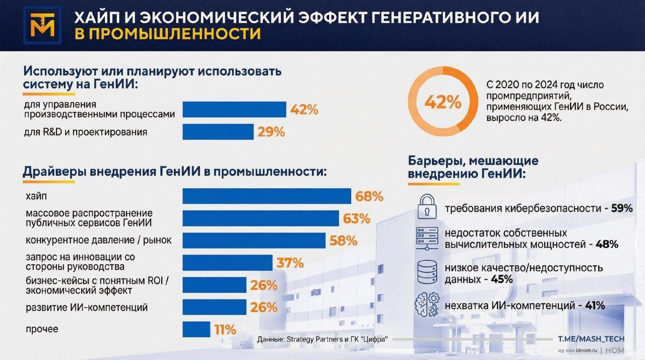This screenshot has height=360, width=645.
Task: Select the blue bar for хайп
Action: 267,197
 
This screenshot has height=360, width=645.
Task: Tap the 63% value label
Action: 357,218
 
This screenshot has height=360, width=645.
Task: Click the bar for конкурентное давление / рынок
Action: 253,241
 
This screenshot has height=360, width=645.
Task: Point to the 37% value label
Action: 290,263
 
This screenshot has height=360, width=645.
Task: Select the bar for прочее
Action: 196,330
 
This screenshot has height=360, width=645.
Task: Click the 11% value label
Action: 225,330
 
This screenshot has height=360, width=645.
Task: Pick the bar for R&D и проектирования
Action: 218,132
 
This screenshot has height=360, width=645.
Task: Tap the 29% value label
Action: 271,132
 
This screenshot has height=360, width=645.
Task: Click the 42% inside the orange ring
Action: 443,102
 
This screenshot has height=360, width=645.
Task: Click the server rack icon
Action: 426,238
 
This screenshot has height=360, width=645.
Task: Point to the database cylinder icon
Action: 426,272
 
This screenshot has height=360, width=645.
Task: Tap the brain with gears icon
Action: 426,305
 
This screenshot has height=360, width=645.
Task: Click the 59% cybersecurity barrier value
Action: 622,208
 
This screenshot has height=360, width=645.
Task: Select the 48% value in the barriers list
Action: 607,245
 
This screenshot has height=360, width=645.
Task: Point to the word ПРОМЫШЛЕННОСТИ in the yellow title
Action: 168,33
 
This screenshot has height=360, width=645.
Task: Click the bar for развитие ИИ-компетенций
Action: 214,307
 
